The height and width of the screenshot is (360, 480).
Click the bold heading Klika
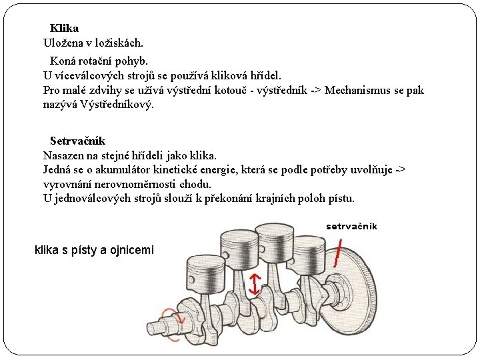pyautogui.click(x=64, y=29)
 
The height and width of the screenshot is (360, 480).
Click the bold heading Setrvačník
pyautogui.click(x=77, y=141)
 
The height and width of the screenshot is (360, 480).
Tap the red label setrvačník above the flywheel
pyautogui.click(x=351, y=226)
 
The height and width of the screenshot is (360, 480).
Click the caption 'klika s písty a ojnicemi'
pyautogui.click(x=94, y=251)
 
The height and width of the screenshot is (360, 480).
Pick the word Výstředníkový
pyautogui.click(x=116, y=105)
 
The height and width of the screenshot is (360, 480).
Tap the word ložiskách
pyautogui.click(x=119, y=43)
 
